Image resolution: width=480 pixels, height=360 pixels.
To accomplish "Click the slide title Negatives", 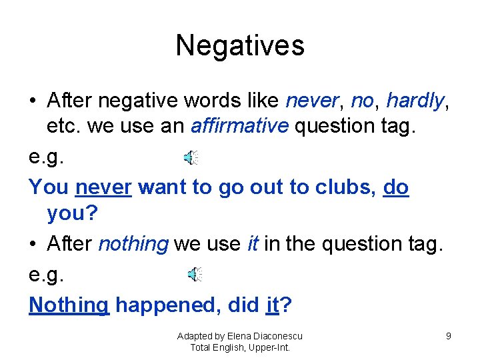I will coord(240,45).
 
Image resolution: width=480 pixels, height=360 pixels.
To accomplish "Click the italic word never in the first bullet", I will coord(310,101).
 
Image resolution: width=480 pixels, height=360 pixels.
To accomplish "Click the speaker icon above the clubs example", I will coord(191,158).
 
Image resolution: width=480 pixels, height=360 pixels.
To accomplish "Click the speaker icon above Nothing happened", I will coord(194,274).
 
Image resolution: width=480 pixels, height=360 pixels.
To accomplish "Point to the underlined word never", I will coord(103,187).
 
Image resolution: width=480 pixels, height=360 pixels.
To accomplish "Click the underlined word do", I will coord(396,187).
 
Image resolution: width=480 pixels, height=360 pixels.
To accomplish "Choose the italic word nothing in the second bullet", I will coord(133,244).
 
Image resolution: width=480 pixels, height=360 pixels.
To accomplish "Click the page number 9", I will coord(449,336).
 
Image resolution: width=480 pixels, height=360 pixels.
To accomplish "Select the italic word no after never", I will coord(362,101).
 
